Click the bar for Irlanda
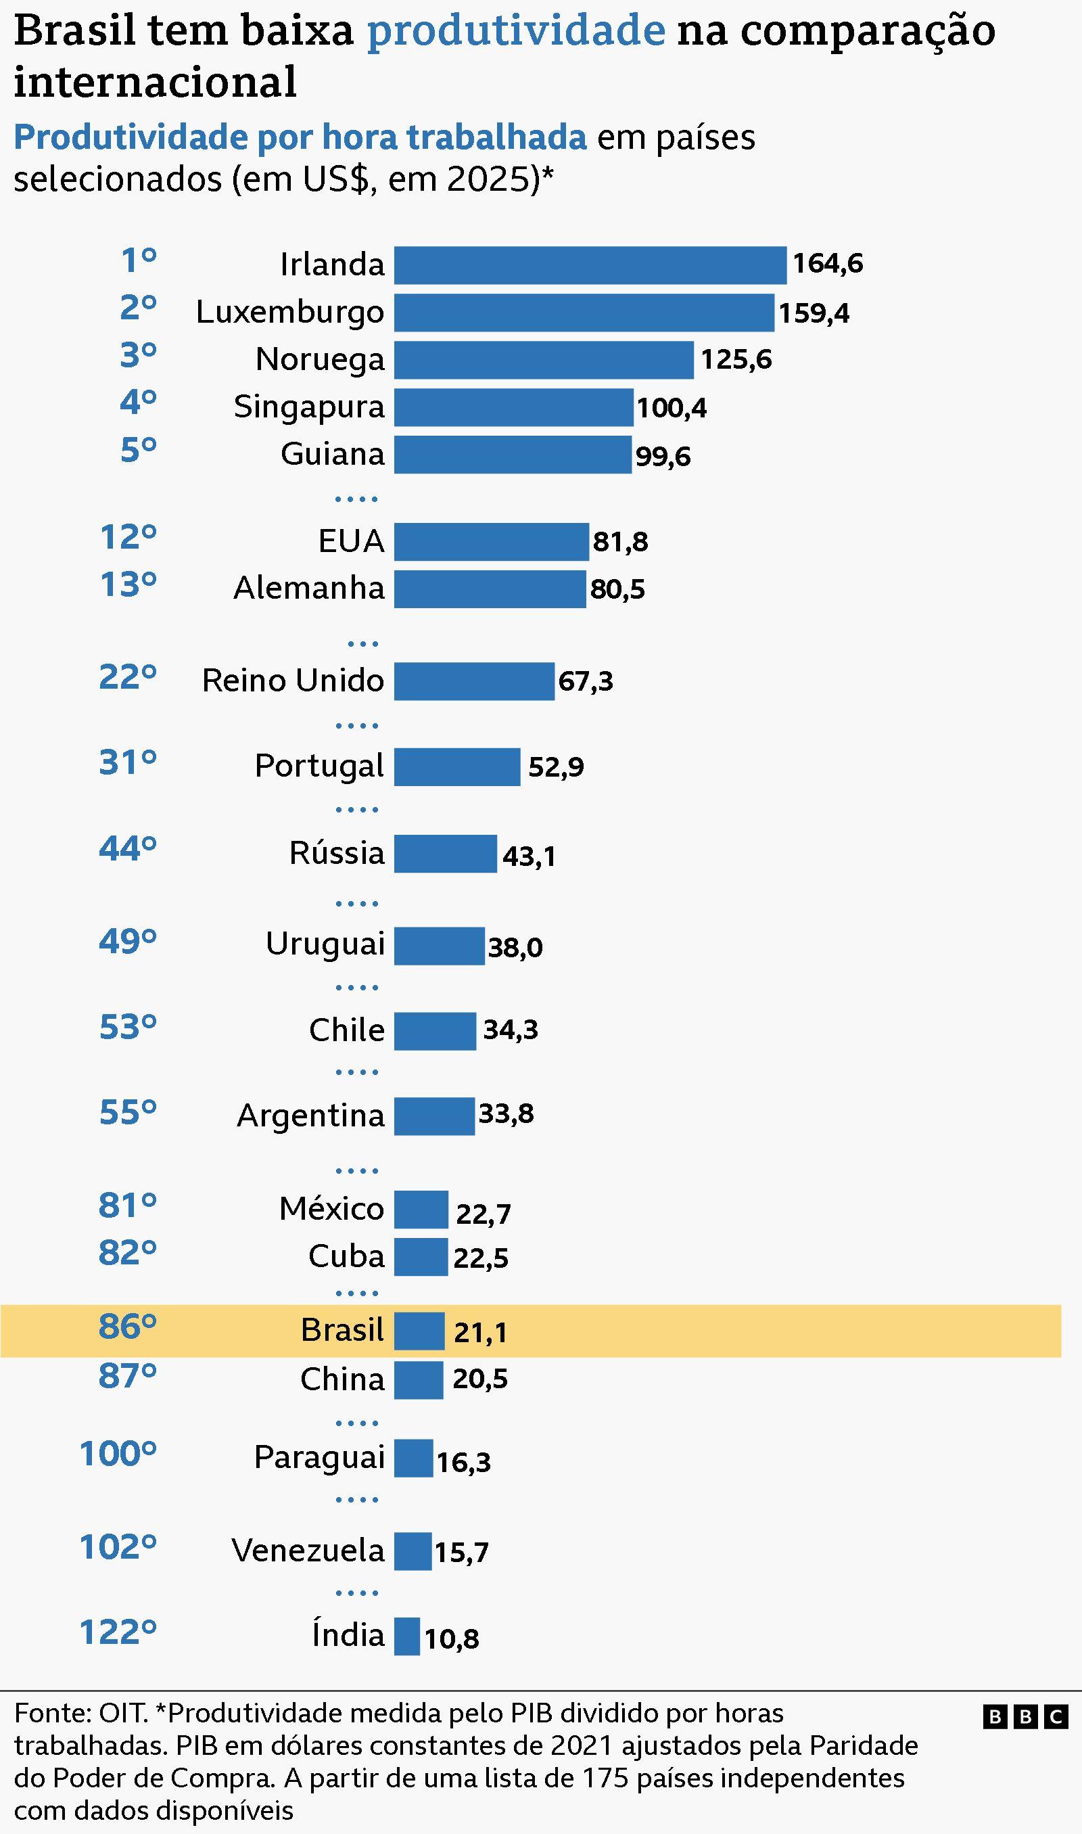(x=590, y=265)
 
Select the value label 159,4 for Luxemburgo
(x=813, y=313)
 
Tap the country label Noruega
(x=319, y=359)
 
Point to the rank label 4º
(x=139, y=402)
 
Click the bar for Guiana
(x=513, y=455)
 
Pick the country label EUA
(x=351, y=541)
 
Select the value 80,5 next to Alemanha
(x=617, y=589)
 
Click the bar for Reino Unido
(x=474, y=681)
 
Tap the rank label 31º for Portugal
(x=128, y=763)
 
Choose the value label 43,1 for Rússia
(x=529, y=856)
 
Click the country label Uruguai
(x=325, y=944)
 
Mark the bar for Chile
(x=435, y=1030)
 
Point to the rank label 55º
(x=128, y=1113)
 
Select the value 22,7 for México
(x=483, y=1214)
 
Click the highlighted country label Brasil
(x=342, y=1329)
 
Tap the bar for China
(x=419, y=1379)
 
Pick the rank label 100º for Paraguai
(x=118, y=1454)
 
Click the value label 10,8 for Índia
(x=451, y=1639)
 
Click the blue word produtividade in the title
(x=515, y=30)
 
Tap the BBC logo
(x=1025, y=1718)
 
